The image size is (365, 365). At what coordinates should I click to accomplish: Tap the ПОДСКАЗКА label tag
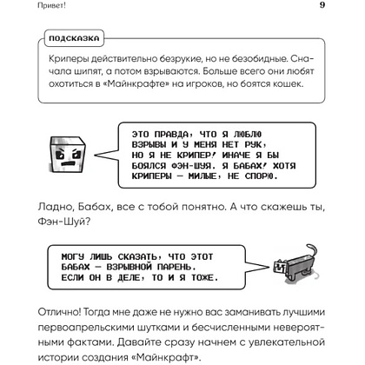(72, 37)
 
